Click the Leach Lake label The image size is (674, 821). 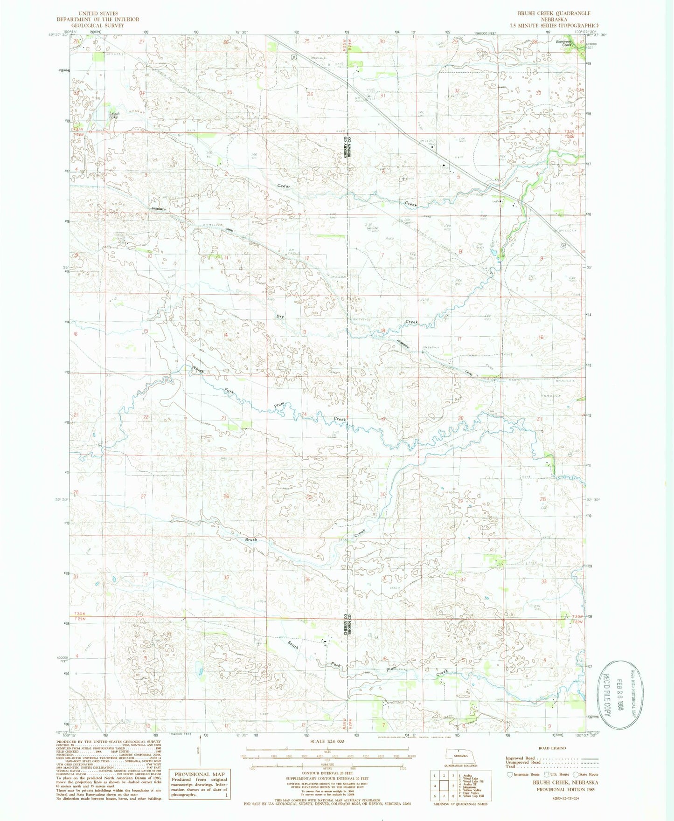point(114,115)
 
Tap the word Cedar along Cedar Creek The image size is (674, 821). point(284,186)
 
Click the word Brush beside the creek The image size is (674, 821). point(251,539)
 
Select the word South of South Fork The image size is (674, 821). point(293,645)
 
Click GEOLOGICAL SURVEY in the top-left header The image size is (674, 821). point(98,25)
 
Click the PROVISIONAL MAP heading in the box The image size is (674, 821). point(199,774)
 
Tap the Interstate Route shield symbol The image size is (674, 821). point(509,774)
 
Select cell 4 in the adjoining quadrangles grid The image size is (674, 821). point(434,786)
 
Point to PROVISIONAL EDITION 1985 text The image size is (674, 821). point(567,790)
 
